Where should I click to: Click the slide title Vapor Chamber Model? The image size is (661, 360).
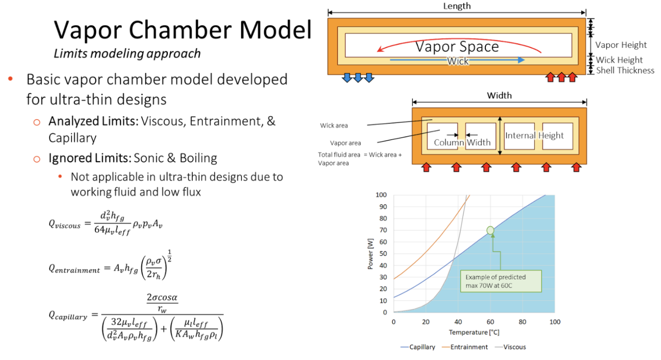[183, 30]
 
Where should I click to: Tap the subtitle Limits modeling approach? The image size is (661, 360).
[127, 53]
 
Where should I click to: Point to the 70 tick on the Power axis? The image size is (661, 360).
[383, 230]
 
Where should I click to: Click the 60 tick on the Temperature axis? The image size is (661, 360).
[490, 322]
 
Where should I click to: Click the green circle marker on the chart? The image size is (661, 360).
[490, 230]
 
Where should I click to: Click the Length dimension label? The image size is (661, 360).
[457, 6]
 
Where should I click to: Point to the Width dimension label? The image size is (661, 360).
[499, 95]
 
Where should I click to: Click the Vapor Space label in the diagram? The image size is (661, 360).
[457, 47]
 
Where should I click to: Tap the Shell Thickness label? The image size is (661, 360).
[625, 71]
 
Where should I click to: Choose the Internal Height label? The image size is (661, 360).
[534, 135]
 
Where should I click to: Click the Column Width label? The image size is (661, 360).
[462, 143]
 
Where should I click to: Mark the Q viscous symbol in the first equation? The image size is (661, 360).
[64, 224]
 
